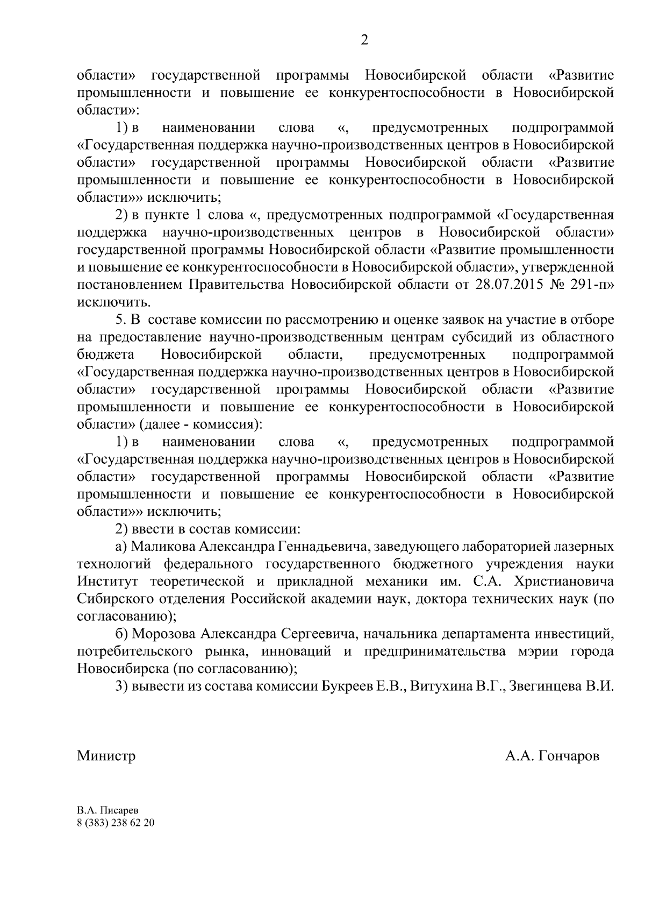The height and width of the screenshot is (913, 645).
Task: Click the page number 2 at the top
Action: click(364, 41)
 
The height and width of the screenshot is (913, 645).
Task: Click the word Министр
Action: click(106, 756)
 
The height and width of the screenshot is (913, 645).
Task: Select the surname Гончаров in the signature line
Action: click(568, 756)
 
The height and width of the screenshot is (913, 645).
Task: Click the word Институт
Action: click(107, 582)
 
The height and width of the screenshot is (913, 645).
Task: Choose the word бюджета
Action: click(106, 355)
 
